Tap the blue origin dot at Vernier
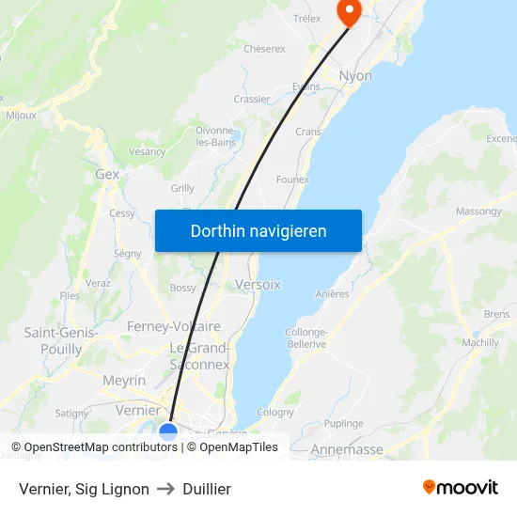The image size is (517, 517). (168, 431)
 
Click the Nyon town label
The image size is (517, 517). (355, 75)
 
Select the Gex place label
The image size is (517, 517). (107, 174)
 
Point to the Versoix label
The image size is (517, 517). (258, 284)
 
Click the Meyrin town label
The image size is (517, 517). (124, 381)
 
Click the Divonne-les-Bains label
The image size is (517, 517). (215, 136)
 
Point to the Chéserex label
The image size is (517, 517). (264, 48)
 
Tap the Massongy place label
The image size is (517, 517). (478, 211)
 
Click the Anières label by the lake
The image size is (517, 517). (333, 293)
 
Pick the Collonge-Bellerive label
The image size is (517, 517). (305, 338)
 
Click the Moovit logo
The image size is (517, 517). (460, 487)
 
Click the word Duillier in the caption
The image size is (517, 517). (208, 489)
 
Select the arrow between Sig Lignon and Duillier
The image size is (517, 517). (164, 489)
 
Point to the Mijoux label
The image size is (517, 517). (21, 116)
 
